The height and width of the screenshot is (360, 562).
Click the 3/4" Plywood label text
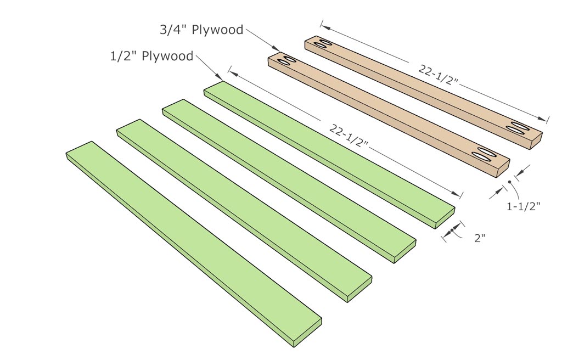[201, 30]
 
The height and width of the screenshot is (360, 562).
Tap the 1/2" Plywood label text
[151, 56]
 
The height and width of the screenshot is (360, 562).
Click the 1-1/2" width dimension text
[524, 206]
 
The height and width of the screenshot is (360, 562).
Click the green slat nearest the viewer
[192, 241]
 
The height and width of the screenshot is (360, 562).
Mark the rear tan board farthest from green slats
[423, 85]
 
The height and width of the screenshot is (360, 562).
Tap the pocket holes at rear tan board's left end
[319, 43]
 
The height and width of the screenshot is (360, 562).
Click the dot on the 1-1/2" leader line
[510, 182]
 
